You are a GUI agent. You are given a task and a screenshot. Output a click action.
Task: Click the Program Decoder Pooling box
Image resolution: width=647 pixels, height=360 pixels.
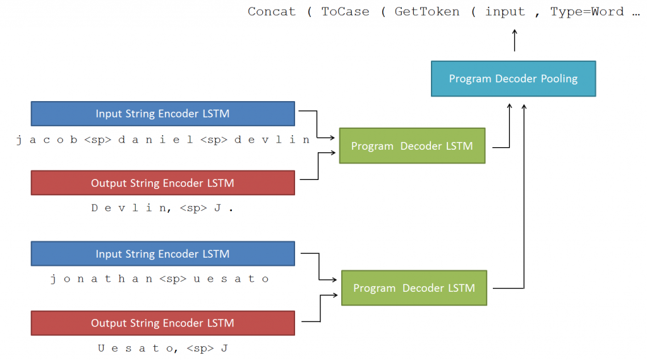tap(513, 79)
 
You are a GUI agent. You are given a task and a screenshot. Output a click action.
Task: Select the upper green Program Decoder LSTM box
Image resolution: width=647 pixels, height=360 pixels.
tap(412, 146)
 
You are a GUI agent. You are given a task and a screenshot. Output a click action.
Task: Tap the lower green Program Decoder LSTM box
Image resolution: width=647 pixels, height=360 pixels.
tap(414, 288)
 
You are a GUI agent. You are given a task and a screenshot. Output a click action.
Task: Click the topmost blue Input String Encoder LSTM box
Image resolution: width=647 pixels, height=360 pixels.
tap(162, 114)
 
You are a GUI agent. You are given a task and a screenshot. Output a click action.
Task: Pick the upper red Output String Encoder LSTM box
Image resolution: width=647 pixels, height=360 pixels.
tap(162, 183)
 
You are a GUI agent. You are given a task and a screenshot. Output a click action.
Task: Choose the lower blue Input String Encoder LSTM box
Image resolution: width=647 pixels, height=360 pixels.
tap(162, 254)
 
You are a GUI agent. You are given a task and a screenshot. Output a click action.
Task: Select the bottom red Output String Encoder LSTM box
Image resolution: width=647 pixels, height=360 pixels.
tap(162, 323)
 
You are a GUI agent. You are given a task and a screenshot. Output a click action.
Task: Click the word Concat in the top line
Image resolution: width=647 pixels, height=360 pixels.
tap(271, 12)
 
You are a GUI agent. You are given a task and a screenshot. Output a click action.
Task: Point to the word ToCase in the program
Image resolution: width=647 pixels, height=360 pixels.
tap(345, 12)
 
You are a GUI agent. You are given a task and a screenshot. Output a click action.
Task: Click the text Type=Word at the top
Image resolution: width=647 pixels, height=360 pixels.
tap(586, 12)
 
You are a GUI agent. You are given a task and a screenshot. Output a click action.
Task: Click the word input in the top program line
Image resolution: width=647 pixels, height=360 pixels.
tap(505, 12)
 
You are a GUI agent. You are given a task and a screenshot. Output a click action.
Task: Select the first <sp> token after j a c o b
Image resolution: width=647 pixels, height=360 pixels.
tap(97, 140)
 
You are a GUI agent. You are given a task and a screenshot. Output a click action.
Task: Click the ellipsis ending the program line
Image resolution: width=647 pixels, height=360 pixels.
tap(635, 12)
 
